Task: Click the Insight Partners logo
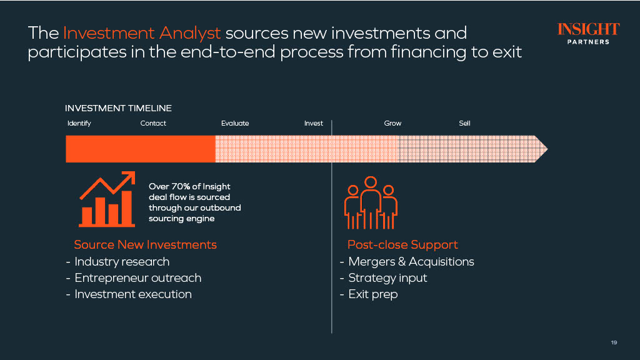(589, 34)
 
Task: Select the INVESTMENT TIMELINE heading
(118, 108)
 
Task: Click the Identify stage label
(79, 123)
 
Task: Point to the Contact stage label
(153, 123)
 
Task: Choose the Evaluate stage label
(235, 123)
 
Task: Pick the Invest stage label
(314, 123)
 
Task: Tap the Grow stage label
(392, 123)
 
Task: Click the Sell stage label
(464, 123)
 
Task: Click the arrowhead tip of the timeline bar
(547, 149)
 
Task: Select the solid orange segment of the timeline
(141, 149)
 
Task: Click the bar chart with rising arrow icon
(107, 199)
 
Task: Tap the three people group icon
(371, 203)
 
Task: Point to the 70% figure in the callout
(181, 186)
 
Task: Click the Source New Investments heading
(145, 244)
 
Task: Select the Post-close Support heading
(402, 244)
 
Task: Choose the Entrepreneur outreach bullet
(134, 278)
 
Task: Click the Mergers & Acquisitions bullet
(407, 262)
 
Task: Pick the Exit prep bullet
(369, 294)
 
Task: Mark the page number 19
(614, 342)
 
